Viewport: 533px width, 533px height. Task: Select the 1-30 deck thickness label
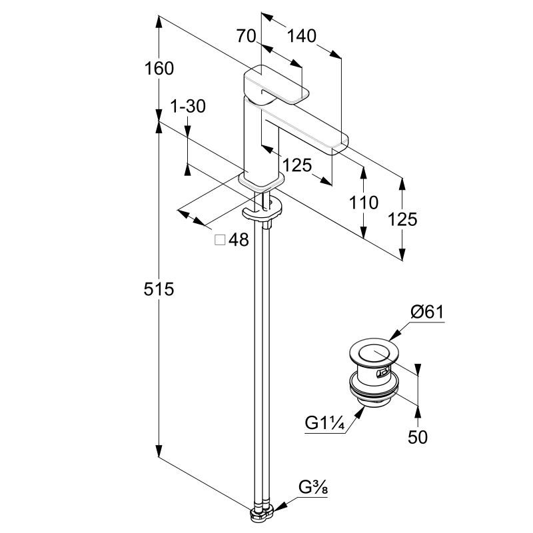[x=188, y=106]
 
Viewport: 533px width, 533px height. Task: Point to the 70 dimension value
[x=246, y=36]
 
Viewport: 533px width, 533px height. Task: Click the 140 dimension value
[x=301, y=36]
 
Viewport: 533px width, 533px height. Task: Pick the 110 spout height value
[x=363, y=203]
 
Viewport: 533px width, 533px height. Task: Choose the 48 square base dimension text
[x=239, y=240]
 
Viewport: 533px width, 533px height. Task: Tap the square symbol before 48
[x=220, y=240]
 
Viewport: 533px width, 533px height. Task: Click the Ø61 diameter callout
[x=427, y=311]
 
